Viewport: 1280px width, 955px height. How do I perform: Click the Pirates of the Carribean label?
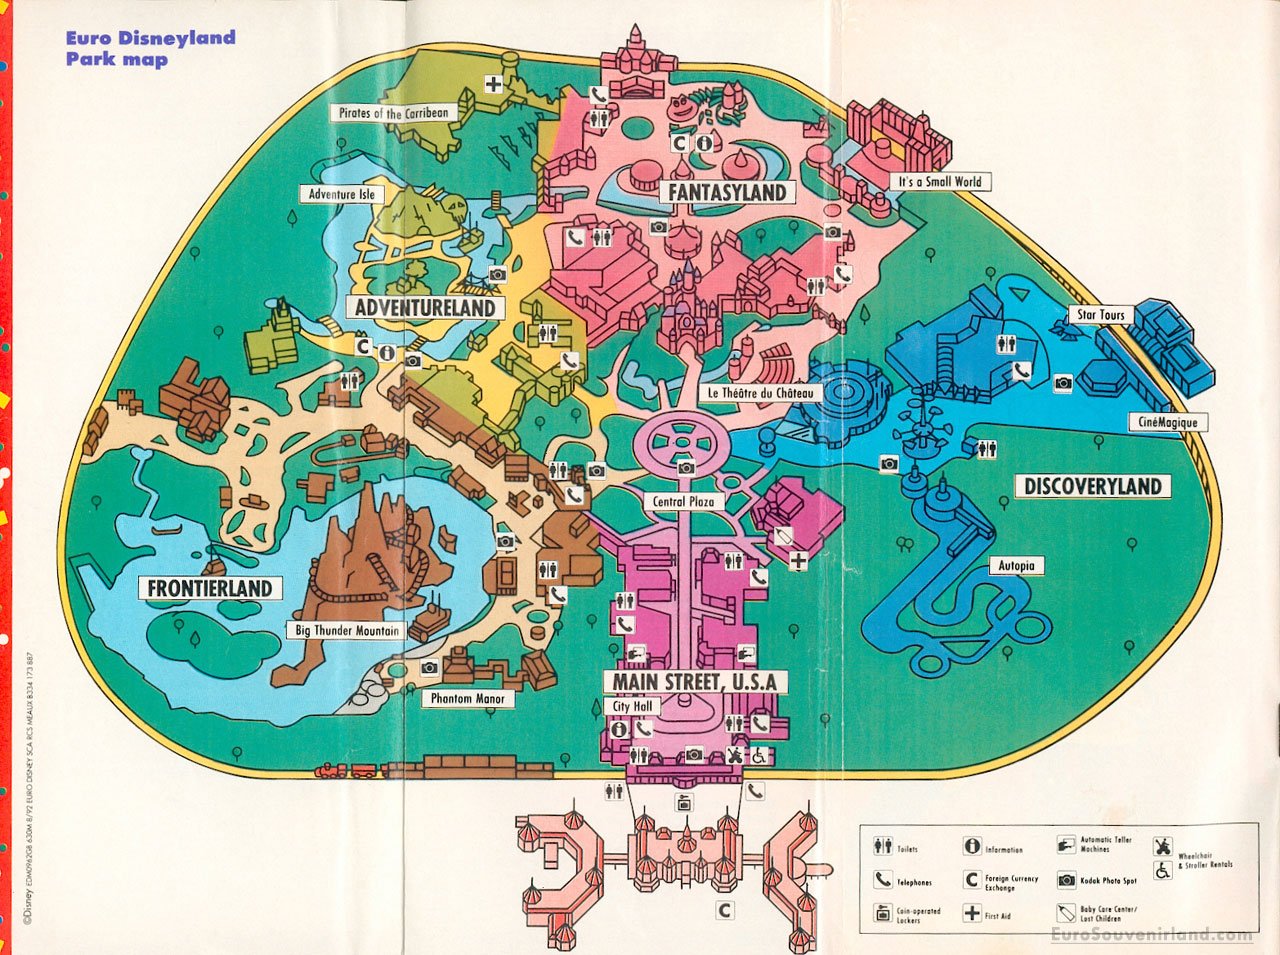(394, 113)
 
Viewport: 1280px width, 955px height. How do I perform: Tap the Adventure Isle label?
(341, 194)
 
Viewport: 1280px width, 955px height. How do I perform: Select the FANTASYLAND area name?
(727, 192)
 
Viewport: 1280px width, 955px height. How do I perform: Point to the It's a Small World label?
(940, 182)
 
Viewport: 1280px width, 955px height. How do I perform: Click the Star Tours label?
(1100, 315)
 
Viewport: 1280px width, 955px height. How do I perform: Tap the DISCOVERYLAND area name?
(1093, 487)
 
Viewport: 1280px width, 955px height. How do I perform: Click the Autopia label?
(1016, 566)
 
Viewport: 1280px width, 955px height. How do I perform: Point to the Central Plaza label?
(684, 501)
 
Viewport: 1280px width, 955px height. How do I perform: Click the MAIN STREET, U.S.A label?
(695, 682)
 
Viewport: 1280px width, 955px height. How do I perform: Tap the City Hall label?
(632, 706)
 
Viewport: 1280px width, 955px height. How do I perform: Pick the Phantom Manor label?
(468, 698)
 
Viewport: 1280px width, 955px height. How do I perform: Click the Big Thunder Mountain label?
(347, 631)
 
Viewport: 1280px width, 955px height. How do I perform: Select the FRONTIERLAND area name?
(210, 588)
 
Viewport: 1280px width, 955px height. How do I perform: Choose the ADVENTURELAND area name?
(425, 308)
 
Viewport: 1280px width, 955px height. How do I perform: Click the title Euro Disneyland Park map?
(150, 48)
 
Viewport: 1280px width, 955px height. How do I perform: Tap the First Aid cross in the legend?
(972, 913)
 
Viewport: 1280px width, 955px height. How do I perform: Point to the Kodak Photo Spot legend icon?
(1066, 880)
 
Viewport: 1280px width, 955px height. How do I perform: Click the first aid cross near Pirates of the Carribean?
(494, 84)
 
